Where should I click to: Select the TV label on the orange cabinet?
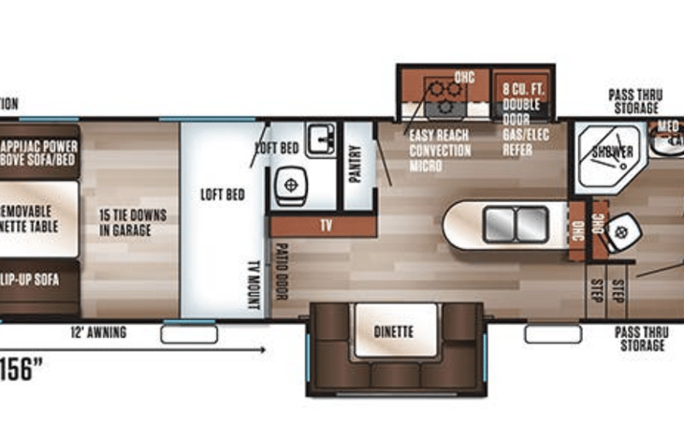326,226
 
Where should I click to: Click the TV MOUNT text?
253,283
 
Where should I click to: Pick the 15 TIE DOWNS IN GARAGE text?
132,221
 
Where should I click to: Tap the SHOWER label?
611,152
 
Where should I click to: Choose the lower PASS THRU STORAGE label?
640,339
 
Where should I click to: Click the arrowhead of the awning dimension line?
260,351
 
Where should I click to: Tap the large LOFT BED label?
222,195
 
